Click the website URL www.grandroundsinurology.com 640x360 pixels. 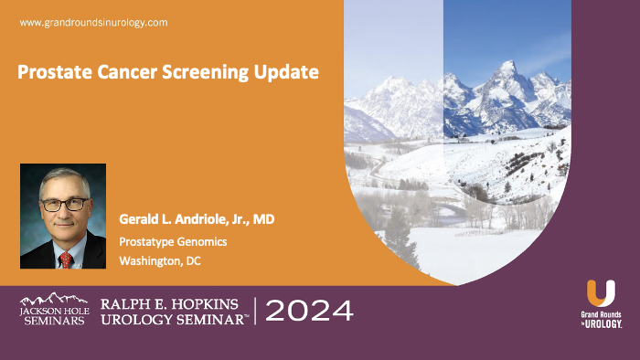coord(93,21)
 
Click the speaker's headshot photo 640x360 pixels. coord(63,217)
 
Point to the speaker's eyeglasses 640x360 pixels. coord(65,204)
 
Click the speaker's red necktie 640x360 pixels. coord(66,259)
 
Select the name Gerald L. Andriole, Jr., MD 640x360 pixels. coord(197,219)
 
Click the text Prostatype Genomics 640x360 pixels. coord(172,240)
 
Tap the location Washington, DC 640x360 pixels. coord(160,260)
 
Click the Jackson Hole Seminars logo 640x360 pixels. coord(54,310)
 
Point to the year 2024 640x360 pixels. coord(309,311)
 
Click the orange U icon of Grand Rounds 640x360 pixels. coord(601,293)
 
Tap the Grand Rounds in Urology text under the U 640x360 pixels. coord(601,319)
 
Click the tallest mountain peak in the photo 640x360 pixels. coord(507,66)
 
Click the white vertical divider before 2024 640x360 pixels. coord(255,311)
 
